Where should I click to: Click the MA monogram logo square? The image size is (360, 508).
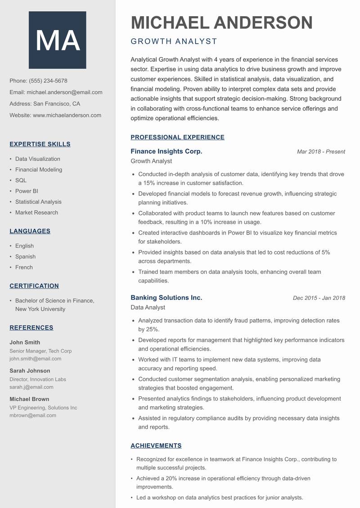(x=58, y=40)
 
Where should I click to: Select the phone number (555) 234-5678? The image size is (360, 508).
(x=48, y=81)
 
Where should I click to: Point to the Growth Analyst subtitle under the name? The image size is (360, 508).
(x=174, y=41)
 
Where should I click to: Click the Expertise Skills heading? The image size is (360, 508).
(x=40, y=144)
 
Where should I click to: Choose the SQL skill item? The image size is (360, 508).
(x=21, y=180)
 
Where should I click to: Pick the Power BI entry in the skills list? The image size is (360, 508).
(x=27, y=191)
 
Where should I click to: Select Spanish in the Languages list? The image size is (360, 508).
(x=25, y=257)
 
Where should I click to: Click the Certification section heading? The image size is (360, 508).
(x=34, y=286)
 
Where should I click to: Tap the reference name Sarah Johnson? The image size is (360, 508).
(x=30, y=371)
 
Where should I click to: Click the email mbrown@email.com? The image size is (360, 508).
(x=33, y=415)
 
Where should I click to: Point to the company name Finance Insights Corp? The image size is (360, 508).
(x=166, y=152)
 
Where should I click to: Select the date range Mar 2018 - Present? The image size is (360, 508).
(x=321, y=152)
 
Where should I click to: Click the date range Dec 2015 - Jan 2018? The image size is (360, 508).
(x=319, y=298)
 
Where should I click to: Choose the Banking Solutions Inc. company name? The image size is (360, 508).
(x=166, y=298)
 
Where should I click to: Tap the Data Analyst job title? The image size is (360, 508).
(x=148, y=307)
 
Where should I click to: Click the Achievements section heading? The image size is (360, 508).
(x=156, y=446)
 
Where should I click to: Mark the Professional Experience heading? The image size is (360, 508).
(x=177, y=138)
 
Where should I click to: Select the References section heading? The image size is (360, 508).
(x=31, y=328)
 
